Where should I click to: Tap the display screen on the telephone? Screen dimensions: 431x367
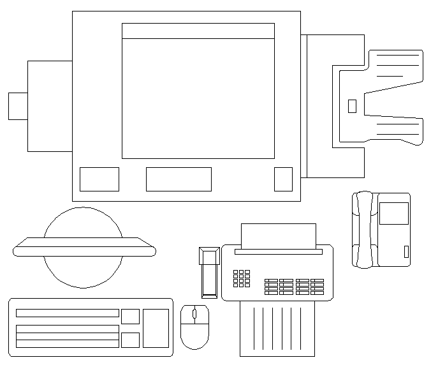[x=393, y=213]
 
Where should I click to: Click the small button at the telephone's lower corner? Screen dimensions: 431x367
[x=406, y=251]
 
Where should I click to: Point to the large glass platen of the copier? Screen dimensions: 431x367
[x=198, y=98]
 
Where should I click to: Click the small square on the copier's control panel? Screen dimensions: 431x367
[x=283, y=179]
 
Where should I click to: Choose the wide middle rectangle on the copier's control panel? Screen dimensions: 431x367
[x=179, y=179]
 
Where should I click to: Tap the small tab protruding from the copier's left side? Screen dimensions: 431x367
[x=18, y=106]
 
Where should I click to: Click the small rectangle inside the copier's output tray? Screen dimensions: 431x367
[x=352, y=107]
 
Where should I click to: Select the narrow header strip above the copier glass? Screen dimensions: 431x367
[x=198, y=31]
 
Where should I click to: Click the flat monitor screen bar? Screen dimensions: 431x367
[x=84, y=247]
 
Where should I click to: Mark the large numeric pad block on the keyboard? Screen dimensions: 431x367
[x=156, y=328]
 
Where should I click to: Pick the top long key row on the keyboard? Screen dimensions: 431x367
[x=67, y=313]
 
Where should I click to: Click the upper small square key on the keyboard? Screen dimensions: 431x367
[x=130, y=316]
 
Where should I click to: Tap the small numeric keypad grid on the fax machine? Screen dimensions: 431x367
[x=242, y=278]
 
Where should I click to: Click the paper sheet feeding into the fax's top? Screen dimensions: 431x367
[x=278, y=236]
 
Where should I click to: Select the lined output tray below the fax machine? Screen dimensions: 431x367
[x=277, y=329]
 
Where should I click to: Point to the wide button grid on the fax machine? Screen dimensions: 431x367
[x=294, y=287]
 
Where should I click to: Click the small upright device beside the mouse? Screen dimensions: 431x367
[x=209, y=273]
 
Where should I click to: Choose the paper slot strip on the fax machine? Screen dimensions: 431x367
[x=278, y=252]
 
